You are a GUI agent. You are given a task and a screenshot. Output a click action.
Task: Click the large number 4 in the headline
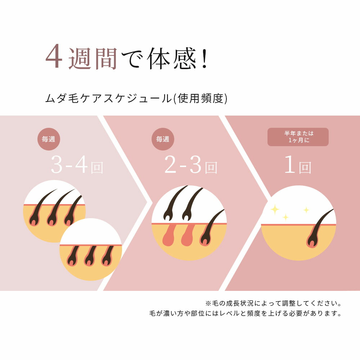54,56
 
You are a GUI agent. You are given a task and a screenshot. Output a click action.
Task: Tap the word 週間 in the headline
93,58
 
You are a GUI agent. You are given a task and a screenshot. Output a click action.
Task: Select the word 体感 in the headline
172,58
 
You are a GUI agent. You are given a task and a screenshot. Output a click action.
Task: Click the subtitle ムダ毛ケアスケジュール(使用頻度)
136,99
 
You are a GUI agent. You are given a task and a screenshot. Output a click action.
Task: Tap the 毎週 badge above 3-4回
49,139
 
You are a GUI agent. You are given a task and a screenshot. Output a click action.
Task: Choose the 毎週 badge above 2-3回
163,139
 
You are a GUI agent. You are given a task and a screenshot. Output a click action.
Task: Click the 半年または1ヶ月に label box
298,137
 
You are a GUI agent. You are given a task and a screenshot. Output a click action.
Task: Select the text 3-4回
77,165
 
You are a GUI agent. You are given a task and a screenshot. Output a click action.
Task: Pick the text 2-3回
190,165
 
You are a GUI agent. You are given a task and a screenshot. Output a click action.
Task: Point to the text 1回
298,165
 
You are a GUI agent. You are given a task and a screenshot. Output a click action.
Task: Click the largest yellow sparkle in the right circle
275,209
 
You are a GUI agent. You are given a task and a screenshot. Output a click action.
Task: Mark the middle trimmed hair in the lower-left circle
90,256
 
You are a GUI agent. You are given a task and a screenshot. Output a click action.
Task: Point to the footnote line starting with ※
274,303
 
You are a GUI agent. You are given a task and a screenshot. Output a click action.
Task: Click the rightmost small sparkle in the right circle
306,210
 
